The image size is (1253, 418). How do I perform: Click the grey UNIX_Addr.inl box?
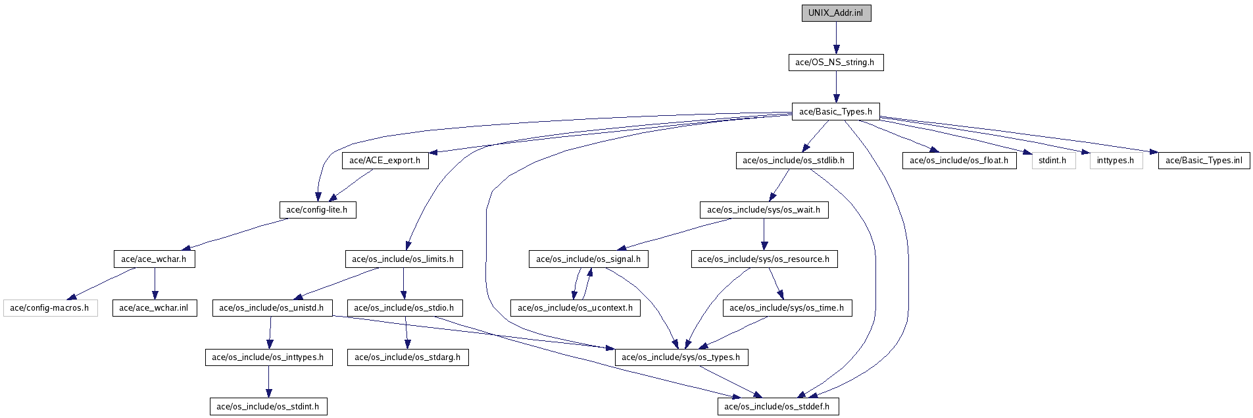click(x=836, y=13)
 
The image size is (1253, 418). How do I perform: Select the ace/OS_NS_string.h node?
click(x=835, y=63)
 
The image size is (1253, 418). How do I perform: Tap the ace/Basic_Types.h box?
click(x=835, y=111)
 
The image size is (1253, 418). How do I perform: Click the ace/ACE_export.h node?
click(x=385, y=161)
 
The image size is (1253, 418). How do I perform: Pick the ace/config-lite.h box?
click(x=317, y=210)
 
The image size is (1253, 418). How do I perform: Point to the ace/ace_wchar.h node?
click(x=154, y=259)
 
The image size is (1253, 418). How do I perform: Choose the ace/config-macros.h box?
click(x=50, y=308)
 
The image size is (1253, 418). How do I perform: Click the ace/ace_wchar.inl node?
click(x=154, y=308)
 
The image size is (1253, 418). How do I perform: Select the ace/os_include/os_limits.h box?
click(x=403, y=259)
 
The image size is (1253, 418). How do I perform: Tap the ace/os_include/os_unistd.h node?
click(x=272, y=308)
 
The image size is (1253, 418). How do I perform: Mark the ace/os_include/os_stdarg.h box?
click(x=408, y=357)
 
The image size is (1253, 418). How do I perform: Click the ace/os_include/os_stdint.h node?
click(x=268, y=407)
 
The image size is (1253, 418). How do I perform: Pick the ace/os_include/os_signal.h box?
click(x=589, y=259)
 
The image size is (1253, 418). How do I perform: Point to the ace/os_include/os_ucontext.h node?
click(x=576, y=308)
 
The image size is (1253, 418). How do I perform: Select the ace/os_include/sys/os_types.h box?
click(x=681, y=357)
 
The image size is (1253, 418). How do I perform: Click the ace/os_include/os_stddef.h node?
click(x=777, y=407)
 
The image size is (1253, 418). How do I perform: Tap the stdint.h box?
click(x=1053, y=161)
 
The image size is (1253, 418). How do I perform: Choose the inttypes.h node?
click(x=1116, y=161)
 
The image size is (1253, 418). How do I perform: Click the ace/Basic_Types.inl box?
click(x=1204, y=161)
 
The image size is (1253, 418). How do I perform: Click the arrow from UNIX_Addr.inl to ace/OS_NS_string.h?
click(x=836, y=38)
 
